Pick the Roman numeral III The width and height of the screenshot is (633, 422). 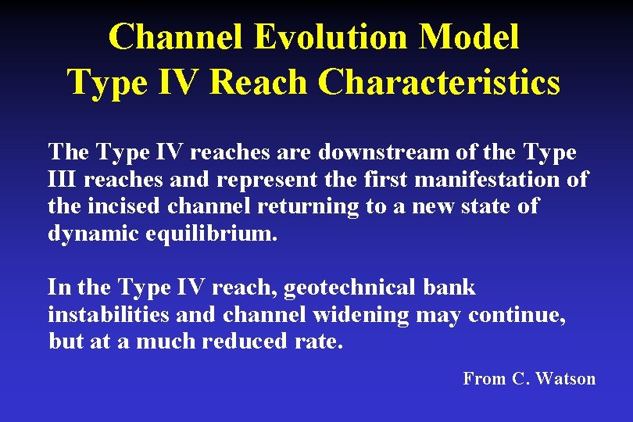point(63,180)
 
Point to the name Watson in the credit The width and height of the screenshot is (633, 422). point(565,379)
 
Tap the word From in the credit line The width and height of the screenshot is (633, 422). point(484,379)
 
